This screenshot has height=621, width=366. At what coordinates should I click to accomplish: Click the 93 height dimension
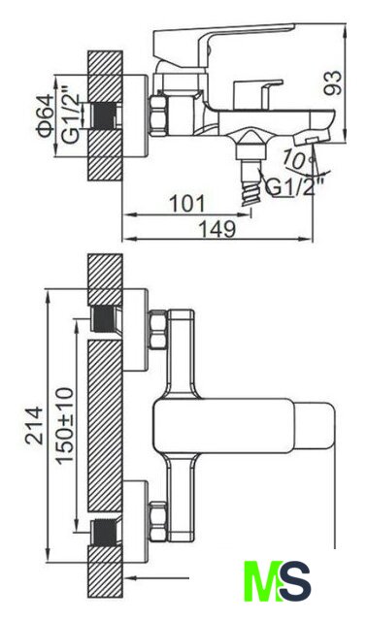[332, 82]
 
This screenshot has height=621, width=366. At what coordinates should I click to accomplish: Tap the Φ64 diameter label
[46, 114]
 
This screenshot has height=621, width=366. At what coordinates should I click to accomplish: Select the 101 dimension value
[187, 204]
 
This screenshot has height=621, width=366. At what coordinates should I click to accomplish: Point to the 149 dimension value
[217, 229]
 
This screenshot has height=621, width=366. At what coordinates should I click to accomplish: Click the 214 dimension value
[34, 424]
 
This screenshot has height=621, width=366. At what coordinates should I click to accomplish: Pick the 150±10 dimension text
[65, 425]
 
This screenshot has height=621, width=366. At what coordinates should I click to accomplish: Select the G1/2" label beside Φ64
[71, 117]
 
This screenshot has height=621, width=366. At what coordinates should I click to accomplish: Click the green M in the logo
[261, 580]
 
